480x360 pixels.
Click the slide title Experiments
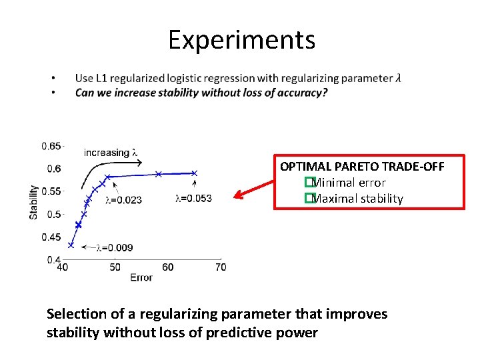click(241, 40)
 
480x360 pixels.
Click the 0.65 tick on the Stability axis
click(51, 146)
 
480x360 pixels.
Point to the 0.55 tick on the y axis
click(51, 191)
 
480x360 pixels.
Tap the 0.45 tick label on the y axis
click(51, 237)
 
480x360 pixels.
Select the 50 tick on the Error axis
click(115, 267)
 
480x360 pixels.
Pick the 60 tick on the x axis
click(167, 267)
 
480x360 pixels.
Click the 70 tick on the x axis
click(221, 267)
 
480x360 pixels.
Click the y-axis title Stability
click(33, 202)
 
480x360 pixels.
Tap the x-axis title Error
click(141, 277)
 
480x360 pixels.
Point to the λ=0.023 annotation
click(123, 199)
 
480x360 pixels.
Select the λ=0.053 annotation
click(193, 198)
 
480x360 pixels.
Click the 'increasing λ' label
click(111, 153)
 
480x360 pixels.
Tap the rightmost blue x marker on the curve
click(195, 173)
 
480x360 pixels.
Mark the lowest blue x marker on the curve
click(71, 245)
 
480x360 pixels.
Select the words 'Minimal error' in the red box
click(348, 183)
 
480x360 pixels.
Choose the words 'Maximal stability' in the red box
click(357, 199)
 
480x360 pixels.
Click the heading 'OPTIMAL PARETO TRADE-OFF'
click(362, 167)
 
